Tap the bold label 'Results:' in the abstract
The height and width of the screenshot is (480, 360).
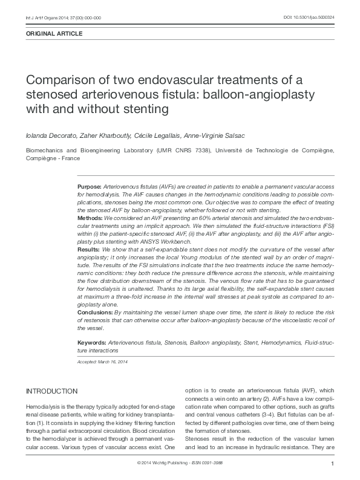(90, 248)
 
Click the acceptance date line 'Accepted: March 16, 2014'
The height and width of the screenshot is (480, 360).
(102, 362)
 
